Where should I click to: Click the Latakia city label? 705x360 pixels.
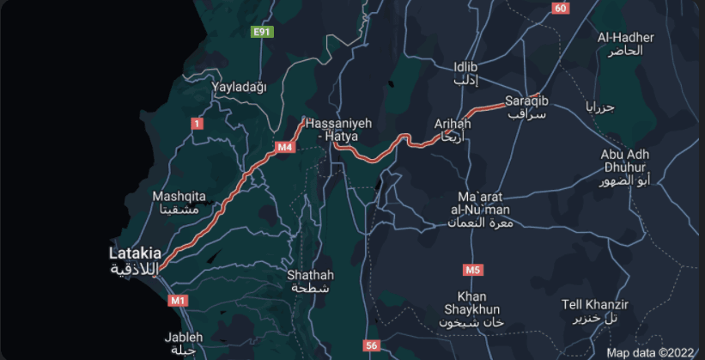[x=135, y=260]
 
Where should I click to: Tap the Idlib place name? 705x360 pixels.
[x=465, y=73]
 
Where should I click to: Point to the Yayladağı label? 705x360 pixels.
[x=240, y=87]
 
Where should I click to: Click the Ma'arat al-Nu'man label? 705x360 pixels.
[x=479, y=210]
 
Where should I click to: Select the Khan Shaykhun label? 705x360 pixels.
[x=471, y=308]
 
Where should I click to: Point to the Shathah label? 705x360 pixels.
[x=311, y=281]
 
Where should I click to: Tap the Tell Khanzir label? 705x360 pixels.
[x=595, y=311]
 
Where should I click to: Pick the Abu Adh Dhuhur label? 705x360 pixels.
[x=625, y=168]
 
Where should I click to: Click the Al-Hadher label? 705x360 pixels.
[x=626, y=44]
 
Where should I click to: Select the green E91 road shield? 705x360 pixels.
[x=262, y=32]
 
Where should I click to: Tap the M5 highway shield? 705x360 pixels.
[x=472, y=270]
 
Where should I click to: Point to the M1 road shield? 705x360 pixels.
[x=178, y=300]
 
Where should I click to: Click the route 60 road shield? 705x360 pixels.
[x=561, y=8]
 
